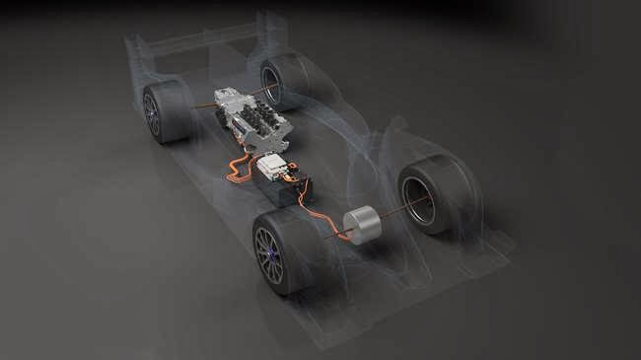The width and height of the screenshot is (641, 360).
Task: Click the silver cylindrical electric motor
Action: tap(362, 226)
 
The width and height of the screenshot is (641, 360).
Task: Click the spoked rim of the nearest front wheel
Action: tap(268, 255)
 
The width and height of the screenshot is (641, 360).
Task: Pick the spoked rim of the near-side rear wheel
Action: tap(152, 114)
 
